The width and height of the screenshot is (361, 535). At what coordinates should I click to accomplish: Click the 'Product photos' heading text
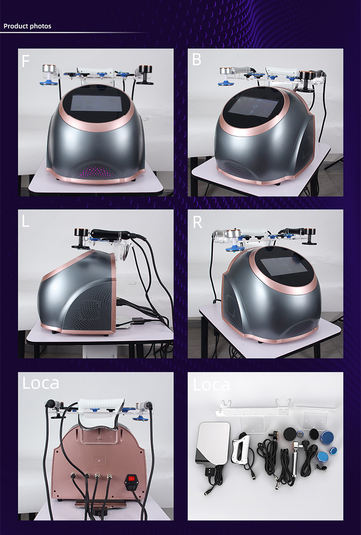27,26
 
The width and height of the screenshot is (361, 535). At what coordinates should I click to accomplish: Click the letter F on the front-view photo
26,61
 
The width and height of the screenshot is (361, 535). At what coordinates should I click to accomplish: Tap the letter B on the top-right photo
196,60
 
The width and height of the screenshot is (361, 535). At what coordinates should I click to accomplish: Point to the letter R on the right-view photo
197,223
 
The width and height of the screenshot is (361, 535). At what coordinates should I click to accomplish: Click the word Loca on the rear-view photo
41,383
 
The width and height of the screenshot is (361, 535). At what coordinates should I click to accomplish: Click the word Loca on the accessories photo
211,385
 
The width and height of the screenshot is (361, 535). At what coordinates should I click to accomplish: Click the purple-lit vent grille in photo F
96,171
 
